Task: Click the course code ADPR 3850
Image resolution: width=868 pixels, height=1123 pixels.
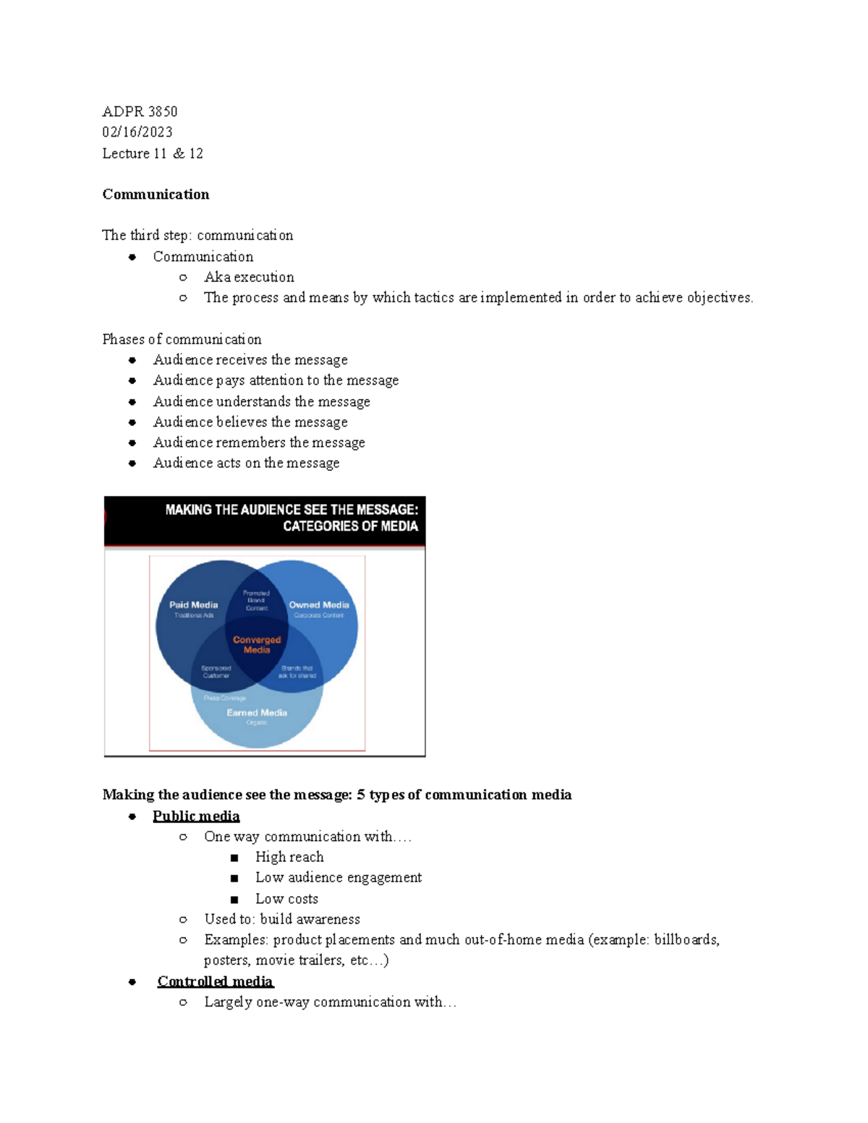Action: [x=140, y=111]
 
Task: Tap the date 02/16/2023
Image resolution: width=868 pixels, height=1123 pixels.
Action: [x=137, y=132]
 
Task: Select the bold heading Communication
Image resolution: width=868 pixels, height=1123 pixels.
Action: [x=156, y=194]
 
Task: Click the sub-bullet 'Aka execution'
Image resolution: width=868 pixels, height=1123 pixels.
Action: [x=249, y=277]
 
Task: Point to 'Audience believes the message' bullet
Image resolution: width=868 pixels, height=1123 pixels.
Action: [x=250, y=422]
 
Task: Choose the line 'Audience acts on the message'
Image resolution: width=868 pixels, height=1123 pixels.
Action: [x=246, y=463]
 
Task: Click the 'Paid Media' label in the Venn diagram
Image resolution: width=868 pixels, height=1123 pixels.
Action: [x=193, y=605]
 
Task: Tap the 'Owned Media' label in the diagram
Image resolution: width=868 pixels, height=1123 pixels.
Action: [x=319, y=605]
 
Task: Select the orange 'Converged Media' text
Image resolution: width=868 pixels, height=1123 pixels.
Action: [x=257, y=644]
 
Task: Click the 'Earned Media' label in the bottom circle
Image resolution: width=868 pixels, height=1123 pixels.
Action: [x=257, y=712]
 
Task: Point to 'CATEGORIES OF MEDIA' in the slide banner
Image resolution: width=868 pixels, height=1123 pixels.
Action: [x=350, y=526]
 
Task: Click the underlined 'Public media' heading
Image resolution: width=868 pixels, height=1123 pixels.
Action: [x=196, y=816]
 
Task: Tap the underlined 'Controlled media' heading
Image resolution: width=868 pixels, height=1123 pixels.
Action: [x=216, y=981]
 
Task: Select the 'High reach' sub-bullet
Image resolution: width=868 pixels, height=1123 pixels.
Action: [x=289, y=857]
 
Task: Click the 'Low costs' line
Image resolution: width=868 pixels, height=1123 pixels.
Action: [x=286, y=899]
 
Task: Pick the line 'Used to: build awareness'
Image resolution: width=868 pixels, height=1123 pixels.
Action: [x=282, y=919]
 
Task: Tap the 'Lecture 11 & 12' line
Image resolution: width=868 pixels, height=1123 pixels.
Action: [x=153, y=153]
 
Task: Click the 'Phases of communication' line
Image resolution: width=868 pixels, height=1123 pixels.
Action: [x=182, y=339]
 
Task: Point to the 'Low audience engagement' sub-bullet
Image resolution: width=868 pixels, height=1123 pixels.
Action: [x=339, y=877]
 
